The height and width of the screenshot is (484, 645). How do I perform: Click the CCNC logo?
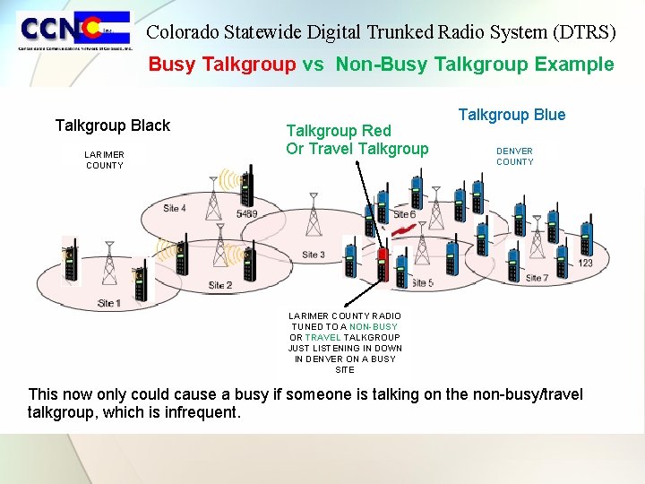tap(73, 31)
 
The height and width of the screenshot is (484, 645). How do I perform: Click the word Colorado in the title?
tap(182, 32)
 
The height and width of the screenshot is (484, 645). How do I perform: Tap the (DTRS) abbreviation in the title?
tap(585, 32)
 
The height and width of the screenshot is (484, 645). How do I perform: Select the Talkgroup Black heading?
tap(112, 125)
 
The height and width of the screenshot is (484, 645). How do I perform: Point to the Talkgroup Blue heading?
tap(512, 115)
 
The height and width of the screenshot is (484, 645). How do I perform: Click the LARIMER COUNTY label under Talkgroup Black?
tap(105, 160)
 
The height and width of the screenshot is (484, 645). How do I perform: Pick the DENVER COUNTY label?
tap(514, 157)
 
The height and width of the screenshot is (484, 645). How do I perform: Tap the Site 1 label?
tap(108, 303)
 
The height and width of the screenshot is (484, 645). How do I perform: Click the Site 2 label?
tap(220, 285)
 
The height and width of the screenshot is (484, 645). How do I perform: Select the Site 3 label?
tap(313, 255)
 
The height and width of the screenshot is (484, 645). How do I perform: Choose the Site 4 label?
tap(175, 209)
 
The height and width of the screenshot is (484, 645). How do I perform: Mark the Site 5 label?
tap(423, 283)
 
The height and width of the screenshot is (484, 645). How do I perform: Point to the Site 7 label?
tap(537, 278)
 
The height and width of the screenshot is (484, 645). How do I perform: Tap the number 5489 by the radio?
tap(246, 215)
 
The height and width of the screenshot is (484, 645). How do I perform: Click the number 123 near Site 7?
tap(585, 263)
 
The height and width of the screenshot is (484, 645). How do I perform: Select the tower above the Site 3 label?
tap(313, 216)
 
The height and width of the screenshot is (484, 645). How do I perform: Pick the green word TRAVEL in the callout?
tap(322, 338)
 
